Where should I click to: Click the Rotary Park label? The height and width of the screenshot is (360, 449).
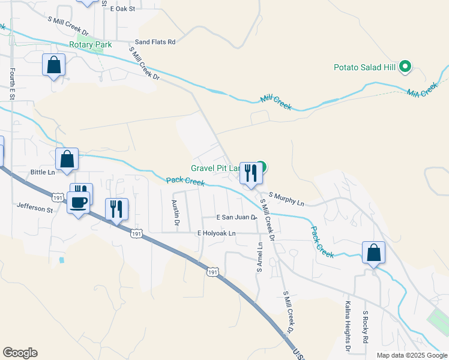(91, 45)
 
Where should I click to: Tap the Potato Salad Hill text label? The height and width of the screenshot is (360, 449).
(364, 67)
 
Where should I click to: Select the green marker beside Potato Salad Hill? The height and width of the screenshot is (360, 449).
(405, 67)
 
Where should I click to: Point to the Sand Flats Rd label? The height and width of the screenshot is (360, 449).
(155, 42)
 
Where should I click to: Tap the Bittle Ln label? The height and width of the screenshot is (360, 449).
(43, 172)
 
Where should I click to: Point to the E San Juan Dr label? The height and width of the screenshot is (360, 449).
(237, 218)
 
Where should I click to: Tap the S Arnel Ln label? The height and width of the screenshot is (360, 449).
(259, 256)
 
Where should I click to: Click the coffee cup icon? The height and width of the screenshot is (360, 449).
(78, 203)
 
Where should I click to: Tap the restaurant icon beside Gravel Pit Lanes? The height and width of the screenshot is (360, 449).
(250, 173)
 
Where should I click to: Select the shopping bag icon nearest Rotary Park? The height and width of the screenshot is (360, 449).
(53, 65)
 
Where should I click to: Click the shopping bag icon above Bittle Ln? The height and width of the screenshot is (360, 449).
(67, 159)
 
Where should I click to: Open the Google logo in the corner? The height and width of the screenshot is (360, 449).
(20, 353)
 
